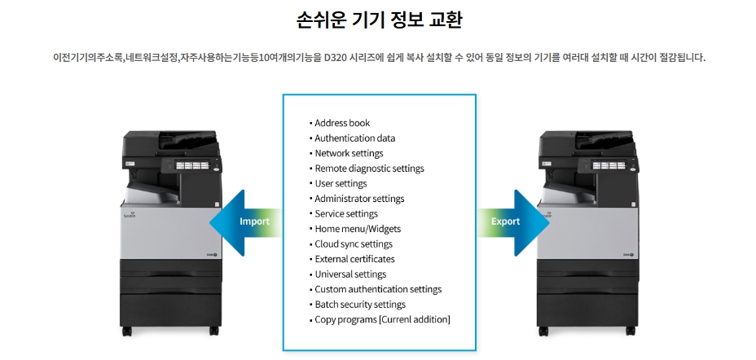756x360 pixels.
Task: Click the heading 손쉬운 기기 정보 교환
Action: point(378,20)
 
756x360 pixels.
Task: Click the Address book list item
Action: point(342,123)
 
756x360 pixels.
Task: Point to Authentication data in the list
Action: point(354,138)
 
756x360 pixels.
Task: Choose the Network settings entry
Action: point(349,153)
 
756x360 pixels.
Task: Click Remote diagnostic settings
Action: point(369,169)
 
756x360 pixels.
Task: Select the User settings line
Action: point(341,183)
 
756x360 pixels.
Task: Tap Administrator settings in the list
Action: point(359,199)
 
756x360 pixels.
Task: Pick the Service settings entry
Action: point(346,213)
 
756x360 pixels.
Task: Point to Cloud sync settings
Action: point(354,244)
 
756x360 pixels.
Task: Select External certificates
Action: point(354,259)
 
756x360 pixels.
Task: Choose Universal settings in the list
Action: point(350,274)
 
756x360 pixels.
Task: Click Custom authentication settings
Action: point(378,289)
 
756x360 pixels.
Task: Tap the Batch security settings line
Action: point(360,305)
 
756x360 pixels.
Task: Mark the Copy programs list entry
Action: point(382,319)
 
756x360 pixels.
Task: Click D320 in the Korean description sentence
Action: point(336,58)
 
